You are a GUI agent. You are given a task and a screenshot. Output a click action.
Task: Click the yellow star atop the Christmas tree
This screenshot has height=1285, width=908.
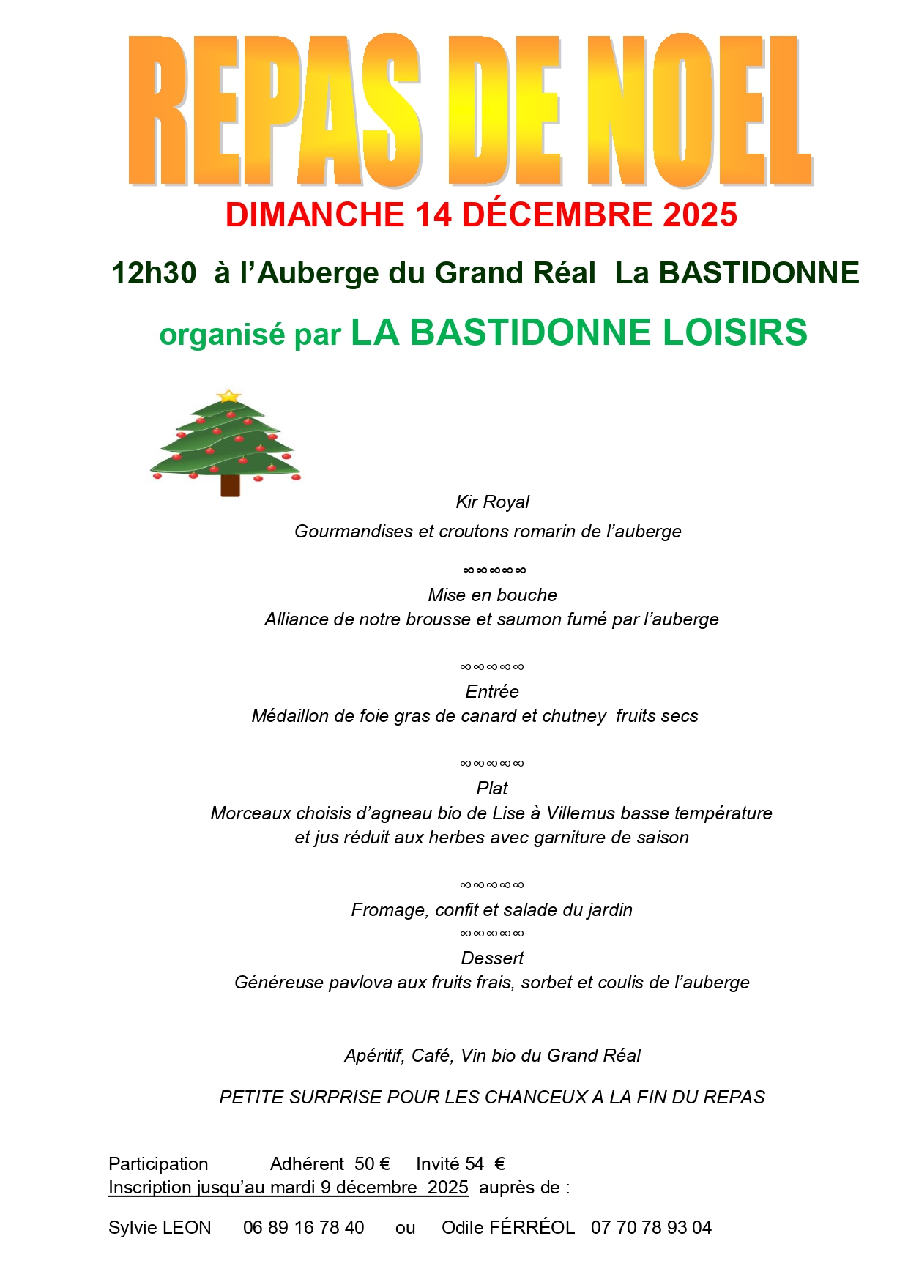(x=229, y=396)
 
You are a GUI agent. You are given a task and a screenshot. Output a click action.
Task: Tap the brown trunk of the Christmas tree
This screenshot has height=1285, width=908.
(x=230, y=485)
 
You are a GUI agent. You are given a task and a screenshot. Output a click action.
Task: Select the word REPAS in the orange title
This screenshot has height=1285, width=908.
(x=275, y=110)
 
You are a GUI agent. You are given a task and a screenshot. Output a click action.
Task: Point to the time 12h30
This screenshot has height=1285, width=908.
(x=154, y=273)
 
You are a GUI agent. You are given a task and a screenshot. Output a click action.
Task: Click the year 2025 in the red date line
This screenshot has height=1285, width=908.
(x=699, y=215)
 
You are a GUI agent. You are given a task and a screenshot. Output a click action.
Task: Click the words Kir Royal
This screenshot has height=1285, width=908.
(x=492, y=502)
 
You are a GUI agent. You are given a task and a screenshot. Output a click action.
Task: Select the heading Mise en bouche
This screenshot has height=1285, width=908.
(x=492, y=595)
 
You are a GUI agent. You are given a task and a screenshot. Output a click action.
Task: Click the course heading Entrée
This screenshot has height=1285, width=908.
(x=492, y=691)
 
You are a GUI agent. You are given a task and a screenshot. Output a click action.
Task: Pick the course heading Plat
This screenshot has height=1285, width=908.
(x=492, y=789)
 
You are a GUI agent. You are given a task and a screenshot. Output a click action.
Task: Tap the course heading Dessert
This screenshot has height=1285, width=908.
(x=492, y=958)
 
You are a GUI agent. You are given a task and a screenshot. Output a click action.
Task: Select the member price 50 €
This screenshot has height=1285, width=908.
(x=372, y=1164)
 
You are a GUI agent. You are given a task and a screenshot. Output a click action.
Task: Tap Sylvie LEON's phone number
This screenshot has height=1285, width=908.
(x=303, y=1228)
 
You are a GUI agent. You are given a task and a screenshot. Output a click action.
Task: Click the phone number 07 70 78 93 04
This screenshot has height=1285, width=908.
(x=651, y=1228)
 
